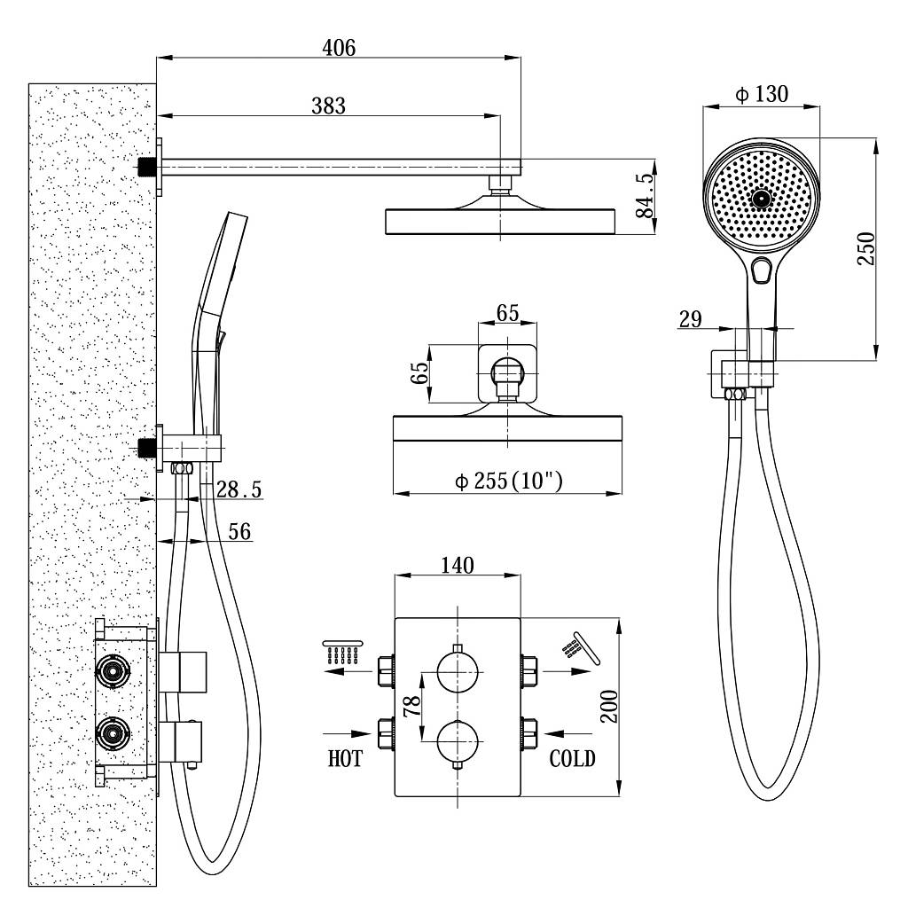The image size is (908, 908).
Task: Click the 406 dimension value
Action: (x=339, y=48)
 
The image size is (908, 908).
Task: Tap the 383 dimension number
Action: (x=328, y=106)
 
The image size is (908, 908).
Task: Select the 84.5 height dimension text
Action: (x=645, y=195)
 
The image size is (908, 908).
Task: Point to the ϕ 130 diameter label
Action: (x=762, y=94)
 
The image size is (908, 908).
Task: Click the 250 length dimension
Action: (x=866, y=248)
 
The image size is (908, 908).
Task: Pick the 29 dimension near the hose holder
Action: (x=690, y=318)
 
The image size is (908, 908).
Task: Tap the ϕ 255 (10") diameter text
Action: (x=508, y=481)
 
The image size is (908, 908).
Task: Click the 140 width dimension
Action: (x=458, y=565)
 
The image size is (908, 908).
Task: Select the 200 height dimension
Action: (x=608, y=707)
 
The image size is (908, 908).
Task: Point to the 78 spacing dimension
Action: (x=411, y=706)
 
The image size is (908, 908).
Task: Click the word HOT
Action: (x=345, y=759)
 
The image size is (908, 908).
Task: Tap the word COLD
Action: (x=572, y=759)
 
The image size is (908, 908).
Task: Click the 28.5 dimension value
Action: (x=239, y=489)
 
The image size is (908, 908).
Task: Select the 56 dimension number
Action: (x=239, y=532)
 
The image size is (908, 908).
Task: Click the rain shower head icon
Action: (x=343, y=652)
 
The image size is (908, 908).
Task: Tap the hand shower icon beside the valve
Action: (x=581, y=648)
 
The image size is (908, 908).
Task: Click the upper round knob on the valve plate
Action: (x=458, y=672)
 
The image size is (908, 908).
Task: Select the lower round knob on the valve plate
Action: (x=458, y=741)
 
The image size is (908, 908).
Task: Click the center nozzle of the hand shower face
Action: (x=761, y=199)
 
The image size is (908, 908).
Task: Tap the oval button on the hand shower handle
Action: (x=762, y=270)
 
